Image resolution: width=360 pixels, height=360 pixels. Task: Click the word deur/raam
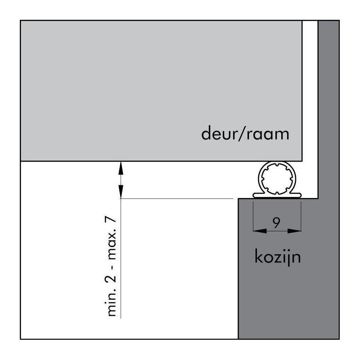tap(244, 134)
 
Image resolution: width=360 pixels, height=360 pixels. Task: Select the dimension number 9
tap(277, 221)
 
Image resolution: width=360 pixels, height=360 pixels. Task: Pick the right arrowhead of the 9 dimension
tap(297, 231)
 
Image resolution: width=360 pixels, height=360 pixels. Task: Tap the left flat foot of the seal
tap(257, 195)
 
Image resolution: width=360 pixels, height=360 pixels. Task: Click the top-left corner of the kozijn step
tap(238, 198)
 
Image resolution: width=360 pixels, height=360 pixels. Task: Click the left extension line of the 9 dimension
tap(253, 216)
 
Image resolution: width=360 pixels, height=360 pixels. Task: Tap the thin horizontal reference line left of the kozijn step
tap(180, 198)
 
